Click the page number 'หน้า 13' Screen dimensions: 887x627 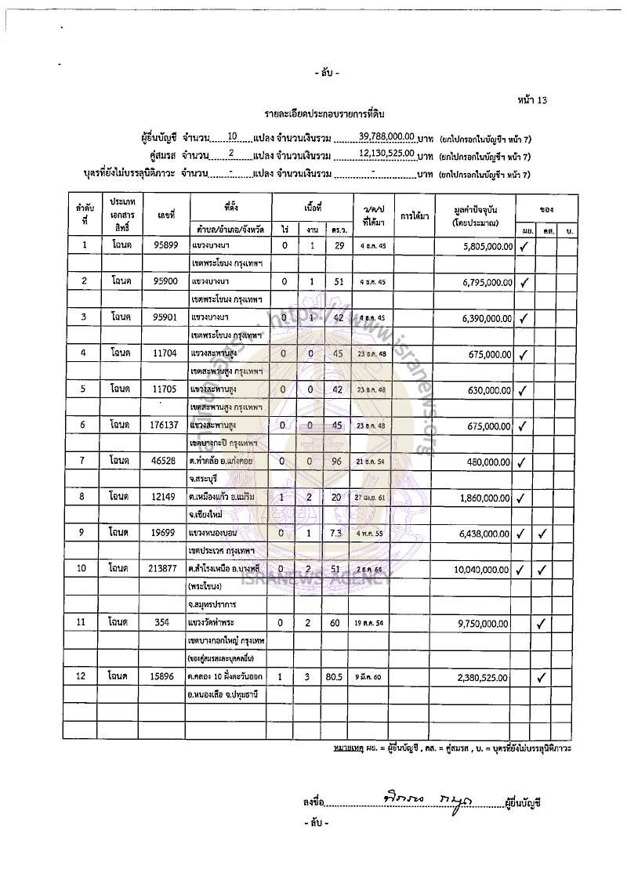pyautogui.click(x=532, y=100)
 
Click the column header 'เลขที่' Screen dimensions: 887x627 pyautogui.click(x=166, y=214)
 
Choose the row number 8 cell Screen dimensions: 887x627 pyautogui.click(x=84, y=497)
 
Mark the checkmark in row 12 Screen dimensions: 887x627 pyautogui.click(x=542, y=677)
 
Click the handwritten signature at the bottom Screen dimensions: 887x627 pyautogui.click(x=422, y=798)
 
